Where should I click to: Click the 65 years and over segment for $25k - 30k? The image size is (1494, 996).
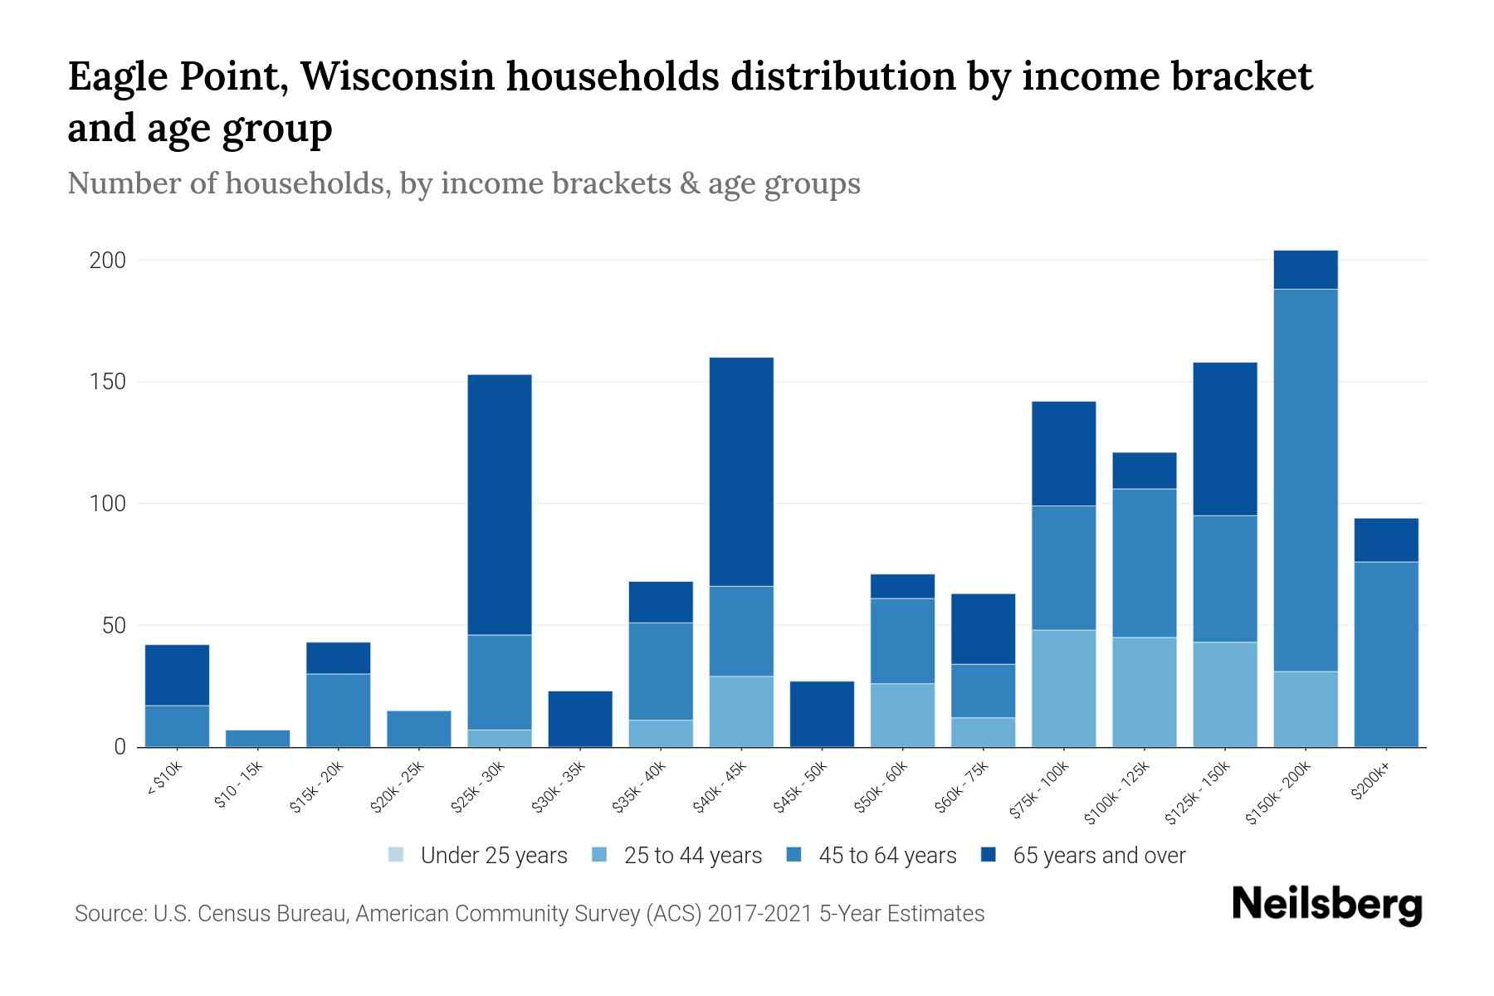point(500,505)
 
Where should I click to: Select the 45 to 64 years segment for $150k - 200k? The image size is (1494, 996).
point(1306,480)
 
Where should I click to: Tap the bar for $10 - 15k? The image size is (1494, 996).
point(257,738)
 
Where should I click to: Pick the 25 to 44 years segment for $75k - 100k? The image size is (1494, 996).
point(1063,688)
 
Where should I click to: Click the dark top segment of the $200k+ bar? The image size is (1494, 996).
point(1386,539)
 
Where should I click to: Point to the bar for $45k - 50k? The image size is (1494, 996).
point(822,714)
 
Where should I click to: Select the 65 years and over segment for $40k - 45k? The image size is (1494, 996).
point(741,471)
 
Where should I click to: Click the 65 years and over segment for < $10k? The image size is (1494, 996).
point(177,675)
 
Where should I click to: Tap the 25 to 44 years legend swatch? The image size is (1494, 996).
point(600,855)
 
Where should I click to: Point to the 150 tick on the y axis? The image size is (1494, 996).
point(107,382)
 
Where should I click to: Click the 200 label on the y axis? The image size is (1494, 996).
point(107,261)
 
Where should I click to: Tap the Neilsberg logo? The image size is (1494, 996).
point(1326,905)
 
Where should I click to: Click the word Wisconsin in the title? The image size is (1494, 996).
point(397,76)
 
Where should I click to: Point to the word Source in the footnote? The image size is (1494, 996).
point(109,914)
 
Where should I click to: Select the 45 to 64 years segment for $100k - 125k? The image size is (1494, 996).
point(1144,563)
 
